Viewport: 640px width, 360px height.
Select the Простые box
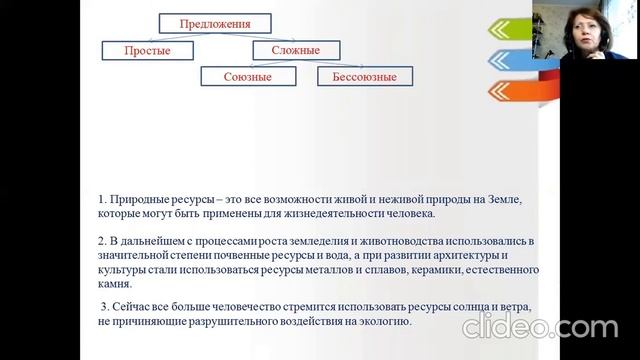point(141,49)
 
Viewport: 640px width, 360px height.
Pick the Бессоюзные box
point(357,76)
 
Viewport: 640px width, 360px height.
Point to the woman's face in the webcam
point(584,30)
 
